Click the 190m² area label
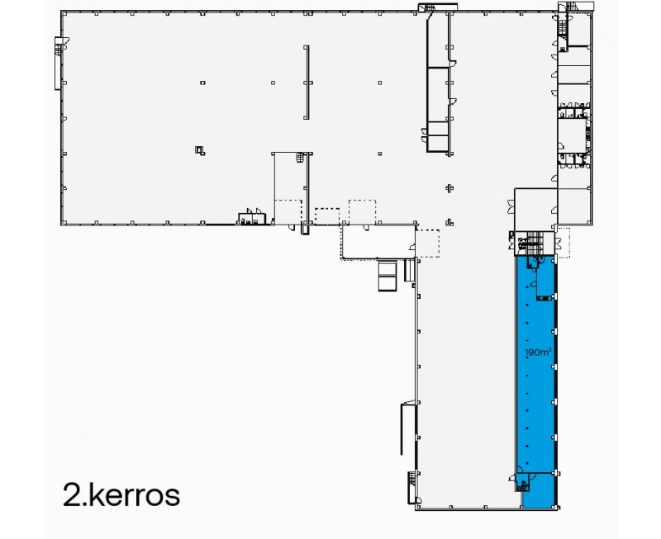coord(538,352)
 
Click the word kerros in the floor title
coord(132,495)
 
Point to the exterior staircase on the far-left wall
coord(58,63)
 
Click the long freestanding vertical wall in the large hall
coord(306,81)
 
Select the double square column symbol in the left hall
coord(199,149)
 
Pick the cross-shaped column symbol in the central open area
coord(449,187)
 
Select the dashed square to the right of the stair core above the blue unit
coord(564,241)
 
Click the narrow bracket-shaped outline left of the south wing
coord(404,428)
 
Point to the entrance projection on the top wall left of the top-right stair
coord(428,8)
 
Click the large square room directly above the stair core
coord(535,210)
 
